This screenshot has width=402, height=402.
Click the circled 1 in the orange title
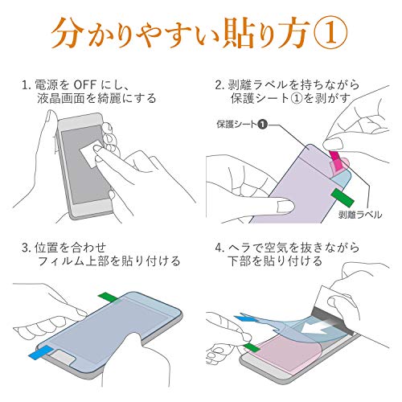pos(331,35)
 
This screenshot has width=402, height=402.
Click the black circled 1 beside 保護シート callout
pos(262,124)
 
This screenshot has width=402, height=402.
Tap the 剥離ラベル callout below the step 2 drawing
pos(359,215)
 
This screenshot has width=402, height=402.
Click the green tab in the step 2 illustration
pos(343,198)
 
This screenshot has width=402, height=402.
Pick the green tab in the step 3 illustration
pos(109,297)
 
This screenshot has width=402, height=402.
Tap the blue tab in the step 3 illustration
pos(41,351)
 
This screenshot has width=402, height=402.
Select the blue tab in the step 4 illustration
pos(244,319)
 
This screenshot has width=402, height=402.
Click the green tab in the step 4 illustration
pos(252,347)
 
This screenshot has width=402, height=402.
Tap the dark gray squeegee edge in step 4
pos(332,320)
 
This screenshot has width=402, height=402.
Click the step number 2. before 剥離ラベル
pos(219,85)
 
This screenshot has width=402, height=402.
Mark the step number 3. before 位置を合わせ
pos(27,248)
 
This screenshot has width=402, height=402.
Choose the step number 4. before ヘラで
pos(219,248)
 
